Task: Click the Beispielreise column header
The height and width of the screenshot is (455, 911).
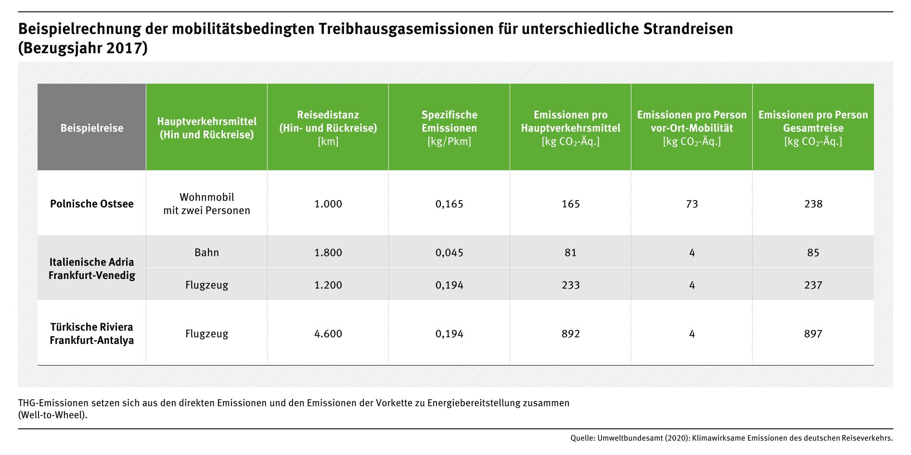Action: click(x=91, y=128)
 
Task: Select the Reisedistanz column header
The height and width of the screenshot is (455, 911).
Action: click(x=328, y=128)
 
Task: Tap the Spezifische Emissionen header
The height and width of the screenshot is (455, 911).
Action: click(x=449, y=128)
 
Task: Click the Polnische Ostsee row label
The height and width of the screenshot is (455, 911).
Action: click(x=91, y=203)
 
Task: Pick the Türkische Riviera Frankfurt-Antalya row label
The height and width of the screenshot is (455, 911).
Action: click(x=91, y=333)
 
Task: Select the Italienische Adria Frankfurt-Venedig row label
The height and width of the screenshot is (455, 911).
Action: click(x=91, y=268)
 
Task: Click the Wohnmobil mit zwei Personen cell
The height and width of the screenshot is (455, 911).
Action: click(x=206, y=203)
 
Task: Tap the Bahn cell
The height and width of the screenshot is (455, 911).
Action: click(x=206, y=253)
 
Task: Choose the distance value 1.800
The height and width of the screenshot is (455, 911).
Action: click(x=328, y=253)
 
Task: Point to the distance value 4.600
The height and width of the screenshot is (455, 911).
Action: click(x=328, y=333)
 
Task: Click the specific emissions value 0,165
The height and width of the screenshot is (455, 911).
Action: click(x=449, y=203)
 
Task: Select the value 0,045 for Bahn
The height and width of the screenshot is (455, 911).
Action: click(x=449, y=253)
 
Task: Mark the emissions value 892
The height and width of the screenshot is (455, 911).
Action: click(x=570, y=333)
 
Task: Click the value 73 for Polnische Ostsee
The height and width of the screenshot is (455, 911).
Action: click(x=692, y=203)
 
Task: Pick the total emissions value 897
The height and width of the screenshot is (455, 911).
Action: click(x=813, y=333)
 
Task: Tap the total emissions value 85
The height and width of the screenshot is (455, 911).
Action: click(x=813, y=253)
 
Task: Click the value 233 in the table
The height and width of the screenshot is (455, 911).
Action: click(x=570, y=285)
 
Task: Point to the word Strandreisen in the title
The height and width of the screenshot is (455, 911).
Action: click(x=688, y=29)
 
